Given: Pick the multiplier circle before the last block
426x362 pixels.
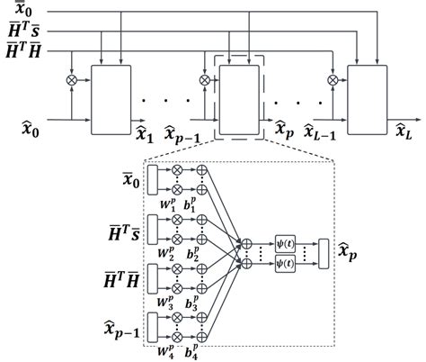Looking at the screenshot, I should point(333,80).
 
